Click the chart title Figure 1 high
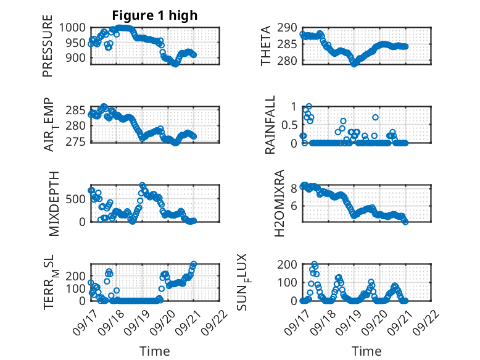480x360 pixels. point(154,15)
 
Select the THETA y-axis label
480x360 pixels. point(267,46)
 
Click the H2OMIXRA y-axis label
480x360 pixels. point(279,203)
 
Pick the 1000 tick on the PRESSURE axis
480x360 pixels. point(75,28)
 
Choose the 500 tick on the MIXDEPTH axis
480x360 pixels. point(78,199)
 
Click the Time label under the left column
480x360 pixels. point(154,351)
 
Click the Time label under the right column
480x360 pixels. point(366,351)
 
